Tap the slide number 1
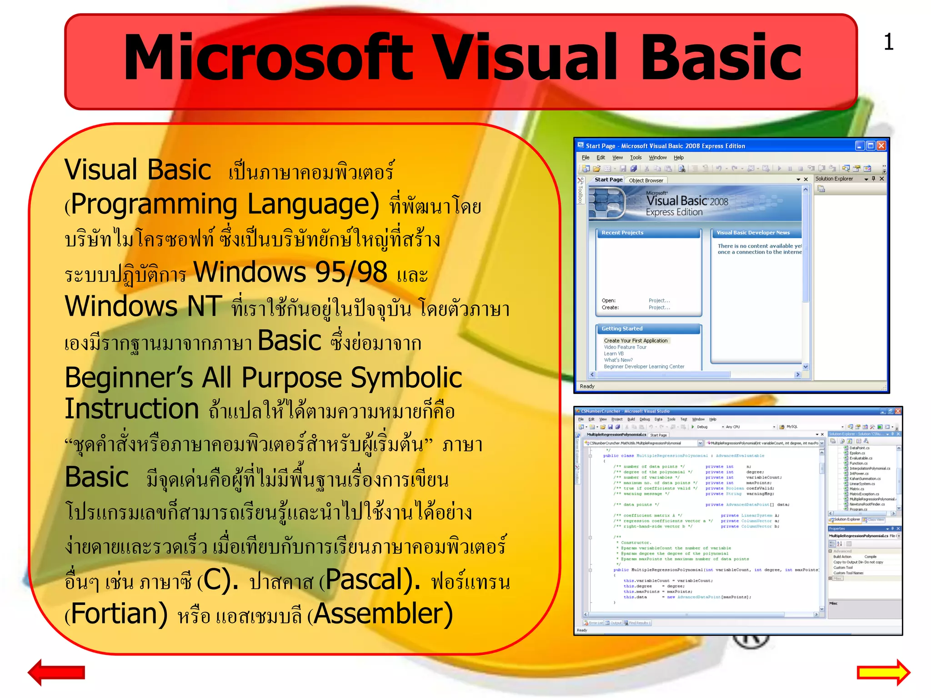point(889,42)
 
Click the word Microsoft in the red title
point(268,58)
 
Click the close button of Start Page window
point(881,146)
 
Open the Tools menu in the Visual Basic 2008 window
point(636,158)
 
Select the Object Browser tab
point(646,180)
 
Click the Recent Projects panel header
point(622,233)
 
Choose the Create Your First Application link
point(636,340)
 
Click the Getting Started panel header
point(622,329)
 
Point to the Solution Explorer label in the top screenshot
point(834,179)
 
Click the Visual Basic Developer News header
point(753,233)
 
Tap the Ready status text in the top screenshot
point(587,386)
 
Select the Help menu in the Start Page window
point(678,158)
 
